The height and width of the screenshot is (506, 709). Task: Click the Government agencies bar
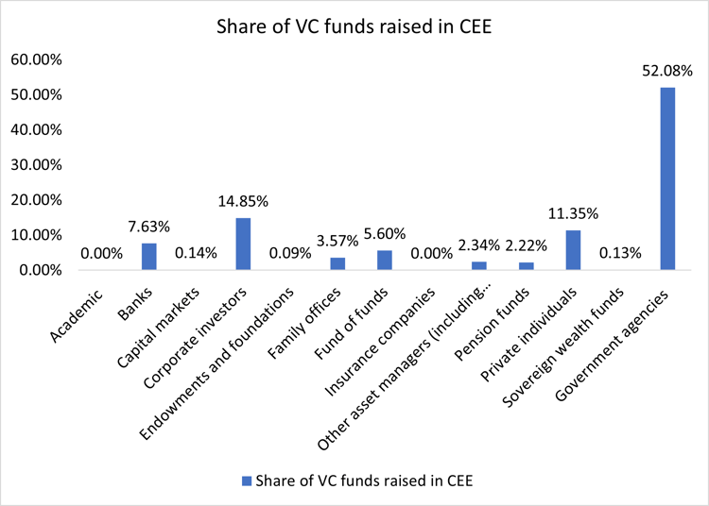667,178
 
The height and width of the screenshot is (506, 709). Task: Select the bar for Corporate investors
243,244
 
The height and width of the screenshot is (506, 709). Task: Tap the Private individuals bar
573,250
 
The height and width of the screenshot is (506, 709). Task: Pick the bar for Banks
148,256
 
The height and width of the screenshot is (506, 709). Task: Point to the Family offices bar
337,263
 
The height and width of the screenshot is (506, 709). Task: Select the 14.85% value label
243,201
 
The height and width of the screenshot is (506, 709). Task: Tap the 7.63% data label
148,227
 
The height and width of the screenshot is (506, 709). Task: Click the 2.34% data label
478,245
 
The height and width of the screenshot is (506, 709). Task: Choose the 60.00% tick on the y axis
35,59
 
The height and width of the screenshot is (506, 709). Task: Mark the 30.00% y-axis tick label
35,164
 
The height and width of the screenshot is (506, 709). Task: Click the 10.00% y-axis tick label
35,235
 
